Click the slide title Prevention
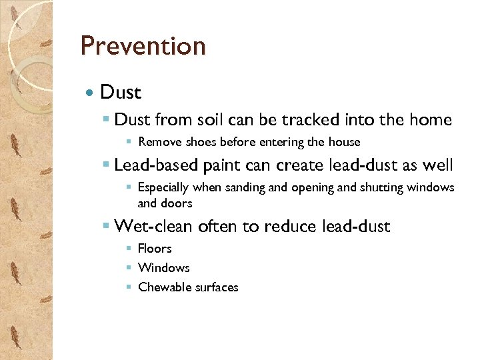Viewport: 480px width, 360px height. pos(143,46)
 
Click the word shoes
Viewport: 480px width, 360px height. pos(201,142)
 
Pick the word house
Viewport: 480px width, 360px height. pos(344,142)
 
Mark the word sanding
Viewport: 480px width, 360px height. pos(245,188)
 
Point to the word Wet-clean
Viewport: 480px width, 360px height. pos(154,227)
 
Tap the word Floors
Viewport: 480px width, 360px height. pos(155,249)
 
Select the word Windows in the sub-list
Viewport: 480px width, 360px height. pos(164,268)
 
